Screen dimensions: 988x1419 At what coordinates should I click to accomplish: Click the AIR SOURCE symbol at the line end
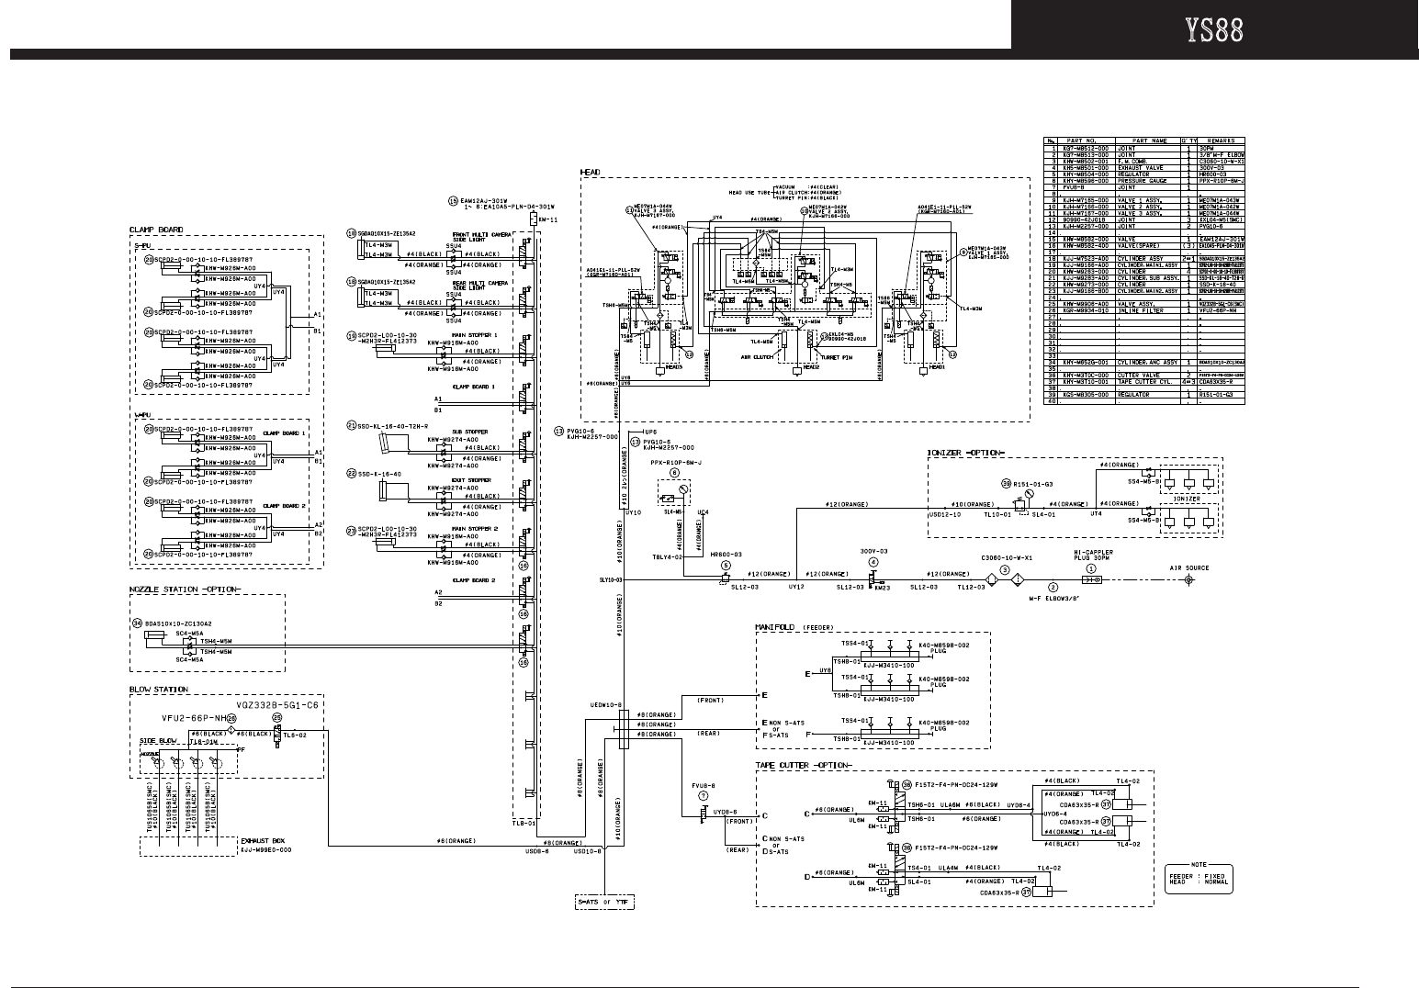(x=1190, y=580)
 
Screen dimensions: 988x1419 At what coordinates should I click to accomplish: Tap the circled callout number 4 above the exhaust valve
(x=873, y=562)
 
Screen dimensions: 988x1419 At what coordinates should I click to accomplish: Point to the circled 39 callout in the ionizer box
(x=1006, y=483)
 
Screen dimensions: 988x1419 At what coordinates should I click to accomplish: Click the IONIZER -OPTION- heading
(x=965, y=453)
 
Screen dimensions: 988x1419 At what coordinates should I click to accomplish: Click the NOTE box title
(x=1198, y=864)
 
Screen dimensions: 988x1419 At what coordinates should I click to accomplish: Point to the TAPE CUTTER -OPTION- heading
(x=803, y=765)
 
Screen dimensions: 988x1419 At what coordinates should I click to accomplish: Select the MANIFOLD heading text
(x=775, y=626)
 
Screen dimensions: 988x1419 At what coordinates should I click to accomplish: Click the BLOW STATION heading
(x=158, y=690)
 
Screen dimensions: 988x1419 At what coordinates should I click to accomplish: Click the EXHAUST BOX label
(x=262, y=839)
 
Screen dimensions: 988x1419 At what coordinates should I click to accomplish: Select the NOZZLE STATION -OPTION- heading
(x=185, y=589)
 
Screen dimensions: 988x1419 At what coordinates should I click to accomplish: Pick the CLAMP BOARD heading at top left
(x=155, y=230)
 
